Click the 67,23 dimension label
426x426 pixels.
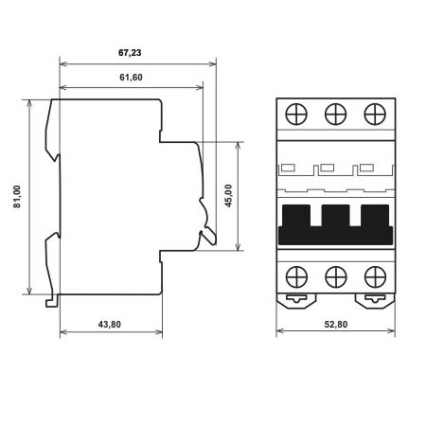tap(130, 53)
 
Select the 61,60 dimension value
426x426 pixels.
tap(131, 78)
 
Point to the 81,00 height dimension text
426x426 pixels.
tap(17, 197)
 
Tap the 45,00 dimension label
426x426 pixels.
tap(228, 196)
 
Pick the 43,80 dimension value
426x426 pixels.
tap(110, 325)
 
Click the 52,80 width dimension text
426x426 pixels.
tap(336, 325)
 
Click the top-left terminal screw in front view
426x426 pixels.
tap(296, 114)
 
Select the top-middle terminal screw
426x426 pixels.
tap(336, 114)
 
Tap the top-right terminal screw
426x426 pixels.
tap(375, 114)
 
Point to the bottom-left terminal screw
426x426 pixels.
tap(296, 277)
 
